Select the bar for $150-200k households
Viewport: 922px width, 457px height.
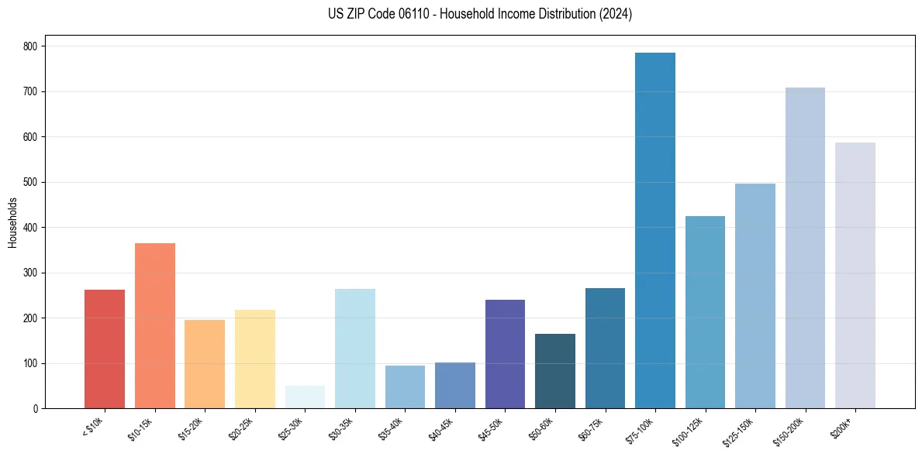tap(805, 248)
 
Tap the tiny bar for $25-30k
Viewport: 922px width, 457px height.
tap(305, 397)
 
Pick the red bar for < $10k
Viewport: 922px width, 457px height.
tap(105, 349)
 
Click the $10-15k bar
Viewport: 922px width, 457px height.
tap(155, 325)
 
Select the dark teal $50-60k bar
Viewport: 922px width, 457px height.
tap(555, 371)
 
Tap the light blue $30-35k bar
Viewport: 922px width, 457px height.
tap(355, 349)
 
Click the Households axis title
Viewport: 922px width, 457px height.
tap(12, 222)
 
